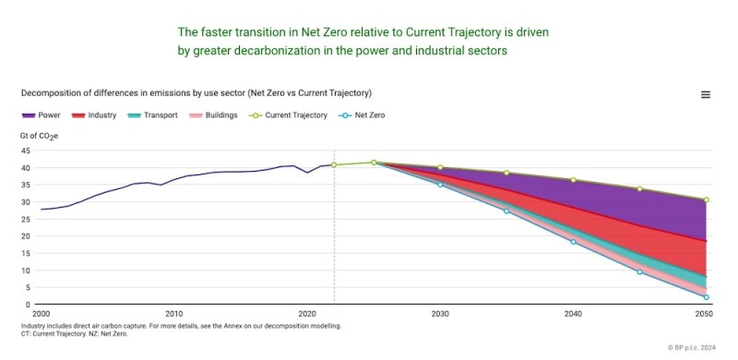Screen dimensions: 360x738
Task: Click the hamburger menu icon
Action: pos(706,94)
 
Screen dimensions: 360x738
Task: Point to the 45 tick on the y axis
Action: pos(26,151)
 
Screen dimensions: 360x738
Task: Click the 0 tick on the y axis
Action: pos(29,304)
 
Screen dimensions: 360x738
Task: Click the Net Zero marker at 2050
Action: pos(706,297)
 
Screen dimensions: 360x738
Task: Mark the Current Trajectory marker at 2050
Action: pos(706,199)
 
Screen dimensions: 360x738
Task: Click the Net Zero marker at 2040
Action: pos(573,242)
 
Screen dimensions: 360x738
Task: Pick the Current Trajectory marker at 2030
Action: pos(440,167)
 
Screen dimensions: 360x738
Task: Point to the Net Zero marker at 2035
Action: pos(506,211)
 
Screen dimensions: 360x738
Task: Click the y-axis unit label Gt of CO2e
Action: pos(39,136)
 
